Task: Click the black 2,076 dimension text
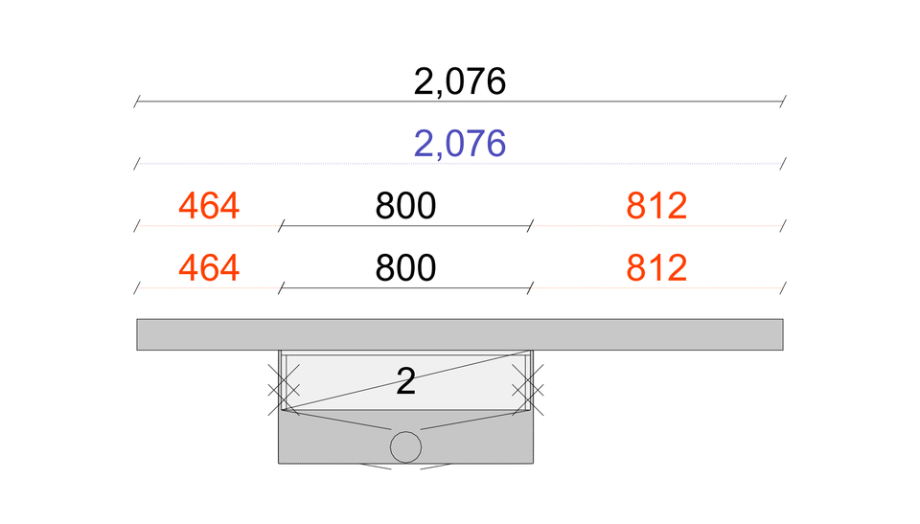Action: [x=459, y=81]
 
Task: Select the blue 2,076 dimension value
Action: [x=459, y=144]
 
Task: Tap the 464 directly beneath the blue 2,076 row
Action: [x=209, y=206]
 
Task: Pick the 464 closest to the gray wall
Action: [x=209, y=268]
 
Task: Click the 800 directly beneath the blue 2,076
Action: [x=405, y=206]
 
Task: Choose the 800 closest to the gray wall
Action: [x=405, y=268]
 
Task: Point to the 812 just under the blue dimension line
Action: [x=656, y=206]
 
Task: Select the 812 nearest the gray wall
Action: [x=656, y=268]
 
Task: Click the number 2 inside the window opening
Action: [x=405, y=381]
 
